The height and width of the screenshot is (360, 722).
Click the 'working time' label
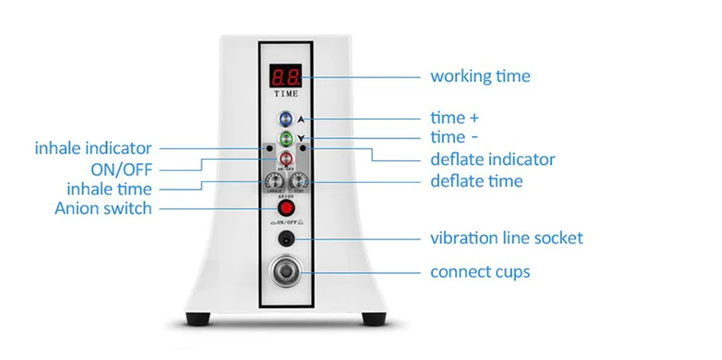click(480, 77)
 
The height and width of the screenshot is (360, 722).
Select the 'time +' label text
click(454, 119)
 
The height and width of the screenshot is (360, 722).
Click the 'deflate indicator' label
click(493, 160)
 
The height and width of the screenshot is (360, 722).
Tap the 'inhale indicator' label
click(93, 148)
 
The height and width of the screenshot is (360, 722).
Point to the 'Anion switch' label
click(103, 208)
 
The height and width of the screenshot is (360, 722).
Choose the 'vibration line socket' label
click(506, 238)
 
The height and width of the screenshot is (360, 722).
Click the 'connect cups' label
click(480, 272)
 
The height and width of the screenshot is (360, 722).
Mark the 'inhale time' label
click(109, 189)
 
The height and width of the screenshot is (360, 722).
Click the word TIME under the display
click(285, 94)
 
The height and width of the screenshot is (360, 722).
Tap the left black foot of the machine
click(198, 319)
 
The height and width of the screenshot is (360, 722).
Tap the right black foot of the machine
click(373, 319)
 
